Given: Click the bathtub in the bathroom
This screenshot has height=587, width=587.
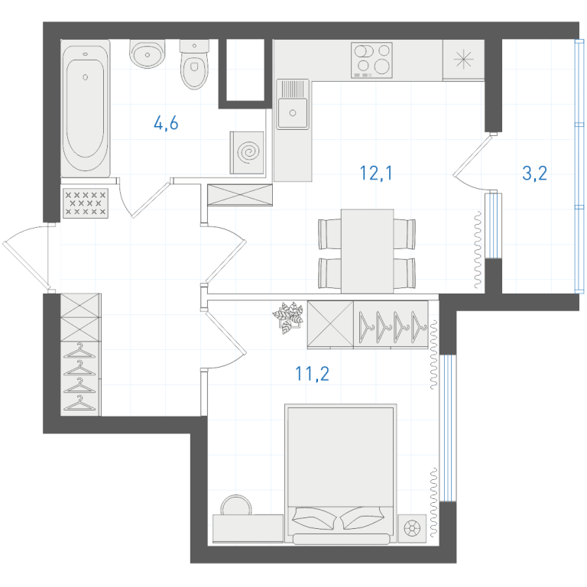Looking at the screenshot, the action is [x=86, y=109].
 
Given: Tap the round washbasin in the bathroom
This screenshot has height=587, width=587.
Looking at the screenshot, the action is [x=147, y=54].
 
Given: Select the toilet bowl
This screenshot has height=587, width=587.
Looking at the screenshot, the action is [x=194, y=65].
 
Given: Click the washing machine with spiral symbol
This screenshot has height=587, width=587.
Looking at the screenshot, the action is [x=247, y=152].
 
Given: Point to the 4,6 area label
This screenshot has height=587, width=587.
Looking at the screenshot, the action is [x=166, y=123].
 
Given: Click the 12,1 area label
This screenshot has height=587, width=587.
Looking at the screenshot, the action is [x=376, y=173].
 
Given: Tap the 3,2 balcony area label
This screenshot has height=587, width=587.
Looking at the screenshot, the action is [x=534, y=173].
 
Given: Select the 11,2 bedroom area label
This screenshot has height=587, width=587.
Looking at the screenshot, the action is [x=312, y=374].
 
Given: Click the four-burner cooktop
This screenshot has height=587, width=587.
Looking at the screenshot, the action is [x=371, y=60].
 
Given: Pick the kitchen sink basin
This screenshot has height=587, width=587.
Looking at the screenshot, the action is [x=293, y=112].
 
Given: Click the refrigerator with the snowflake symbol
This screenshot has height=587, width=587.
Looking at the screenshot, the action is [x=463, y=60].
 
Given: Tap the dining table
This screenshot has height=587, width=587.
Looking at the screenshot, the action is [x=367, y=251].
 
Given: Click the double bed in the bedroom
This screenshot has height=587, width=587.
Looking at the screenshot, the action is [x=341, y=474].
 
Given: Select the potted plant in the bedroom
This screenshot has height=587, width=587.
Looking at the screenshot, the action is [x=288, y=316].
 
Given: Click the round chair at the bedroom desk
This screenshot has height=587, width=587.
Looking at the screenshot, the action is [x=236, y=504].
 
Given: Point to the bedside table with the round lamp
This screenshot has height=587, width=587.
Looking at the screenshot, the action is [x=412, y=529].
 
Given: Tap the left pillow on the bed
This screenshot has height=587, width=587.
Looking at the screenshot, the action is [x=313, y=517].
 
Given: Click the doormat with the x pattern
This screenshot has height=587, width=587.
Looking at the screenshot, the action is [x=86, y=203].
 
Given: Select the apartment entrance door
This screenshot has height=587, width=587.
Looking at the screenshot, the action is [x=26, y=258].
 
